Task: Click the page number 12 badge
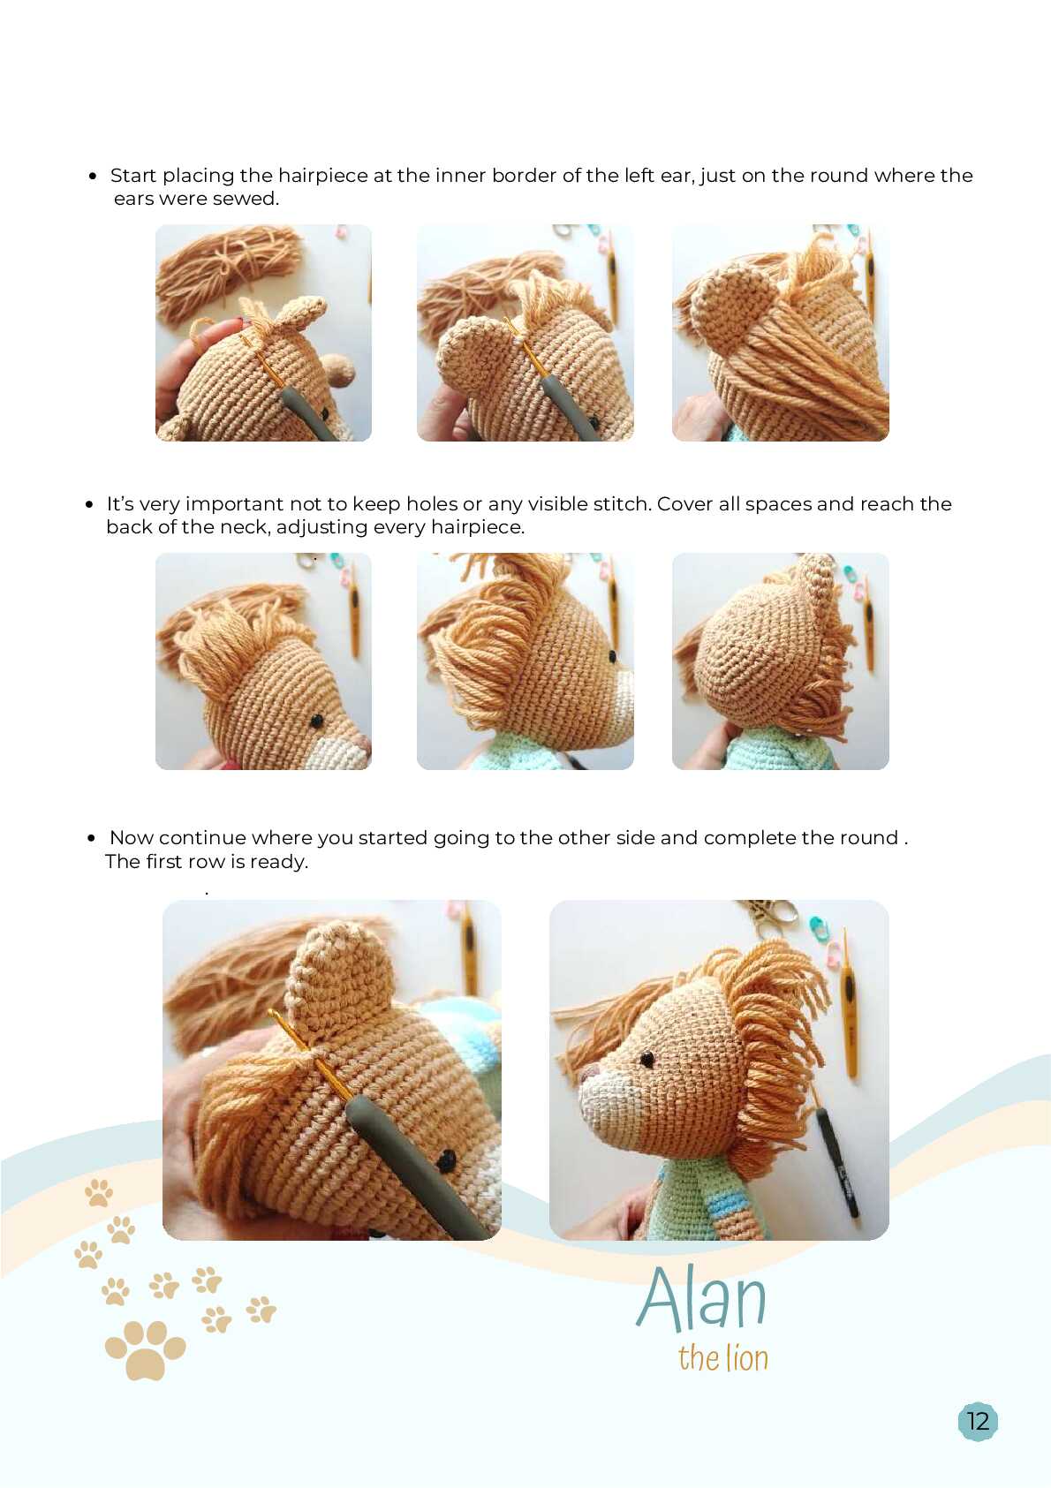coord(978,1421)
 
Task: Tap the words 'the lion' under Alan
coord(722,1358)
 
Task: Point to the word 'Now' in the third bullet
coord(132,838)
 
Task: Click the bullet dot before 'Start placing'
coord(93,176)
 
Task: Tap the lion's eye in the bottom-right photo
coord(646,1059)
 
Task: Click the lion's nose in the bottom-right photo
coord(588,1071)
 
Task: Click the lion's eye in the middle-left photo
coord(317,720)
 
